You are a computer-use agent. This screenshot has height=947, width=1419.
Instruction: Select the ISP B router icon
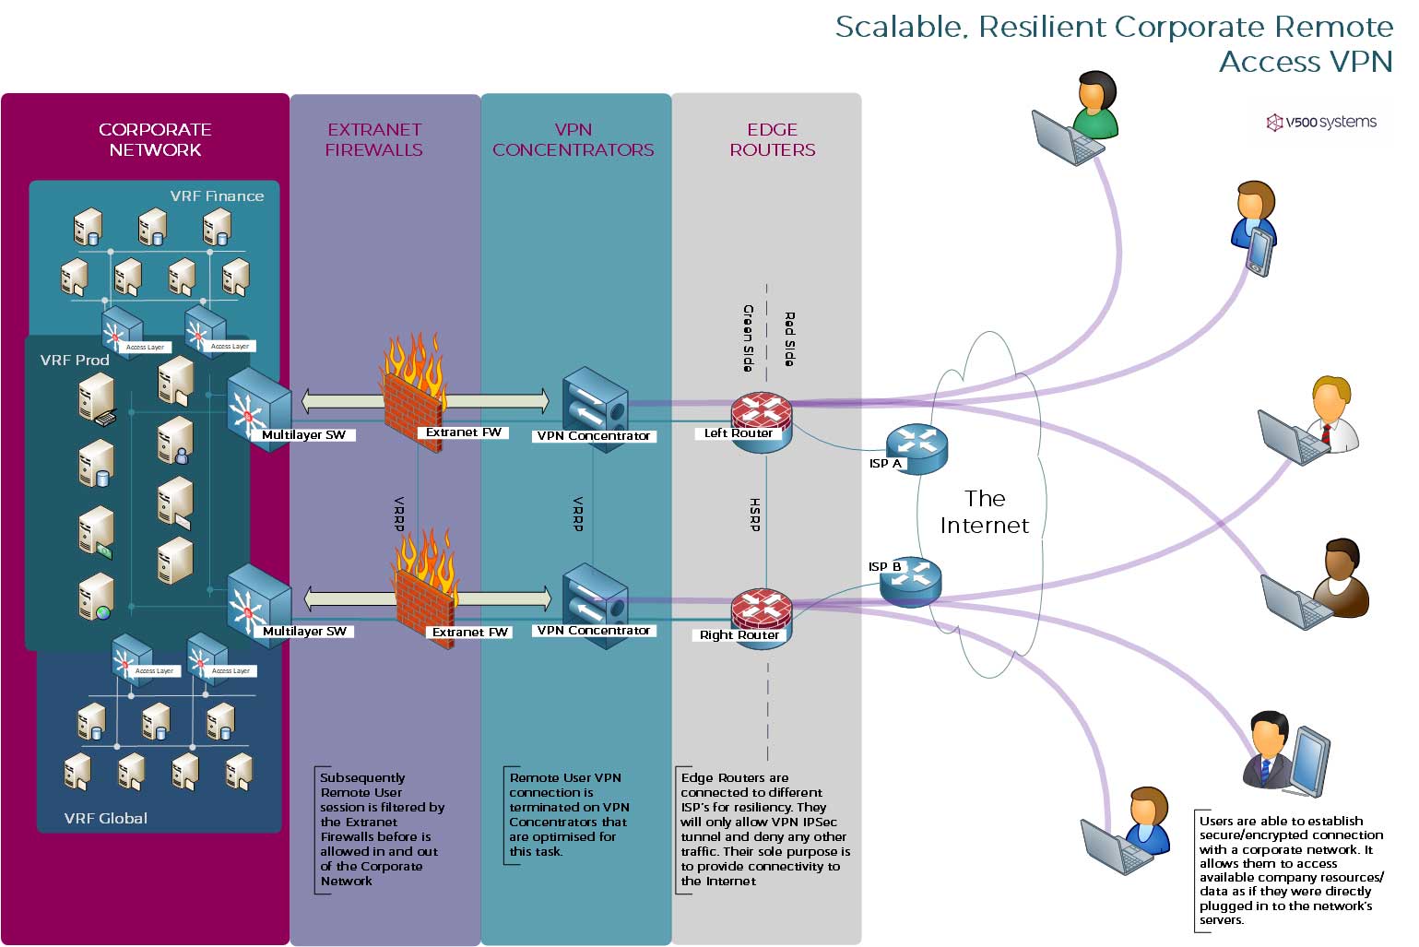pyautogui.click(x=911, y=581)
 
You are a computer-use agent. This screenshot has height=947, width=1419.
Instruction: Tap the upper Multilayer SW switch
pyautogui.click(x=258, y=406)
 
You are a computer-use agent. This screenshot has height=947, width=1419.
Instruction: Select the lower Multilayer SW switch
pyautogui.click(x=258, y=601)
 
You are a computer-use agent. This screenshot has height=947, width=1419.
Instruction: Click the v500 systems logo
pyautogui.click(x=1321, y=122)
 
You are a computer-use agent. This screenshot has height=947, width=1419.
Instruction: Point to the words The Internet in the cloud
pyautogui.click(x=984, y=512)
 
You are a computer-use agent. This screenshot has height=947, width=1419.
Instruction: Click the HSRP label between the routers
pyautogui.click(x=754, y=515)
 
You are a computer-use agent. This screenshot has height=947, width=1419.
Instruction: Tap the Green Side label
pyautogui.click(x=748, y=337)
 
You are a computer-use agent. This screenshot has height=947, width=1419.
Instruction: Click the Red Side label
pyautogui.click(x=789, y=338)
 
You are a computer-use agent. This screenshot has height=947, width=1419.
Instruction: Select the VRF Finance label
pyautogui.click(x=217, y=195)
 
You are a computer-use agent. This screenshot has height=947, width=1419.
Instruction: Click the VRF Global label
pyautogui.click(x=105, y=818)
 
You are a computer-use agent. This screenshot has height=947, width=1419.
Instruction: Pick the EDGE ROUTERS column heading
pyautogui.click(x=772, y=139)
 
